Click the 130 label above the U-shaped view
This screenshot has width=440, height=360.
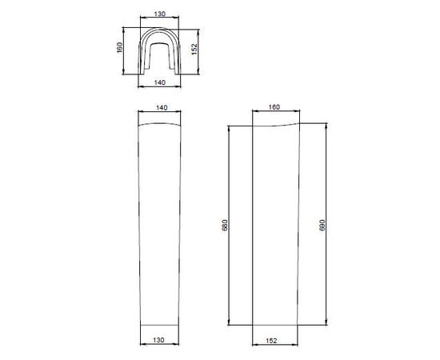pos(160,14)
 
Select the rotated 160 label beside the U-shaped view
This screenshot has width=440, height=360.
pos(119,47)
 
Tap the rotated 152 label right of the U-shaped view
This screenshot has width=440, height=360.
pos(194,50)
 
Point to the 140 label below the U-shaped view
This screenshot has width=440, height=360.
pos(160,82)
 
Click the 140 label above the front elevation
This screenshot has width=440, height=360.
pos(162,108)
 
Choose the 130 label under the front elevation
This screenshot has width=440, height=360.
pos(158,340)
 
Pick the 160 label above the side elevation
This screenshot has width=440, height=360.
pos(274,107)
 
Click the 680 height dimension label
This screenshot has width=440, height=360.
pos(225,225)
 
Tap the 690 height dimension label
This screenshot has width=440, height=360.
pos(322,225)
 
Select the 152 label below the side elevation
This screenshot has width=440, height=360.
pos(271,341)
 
